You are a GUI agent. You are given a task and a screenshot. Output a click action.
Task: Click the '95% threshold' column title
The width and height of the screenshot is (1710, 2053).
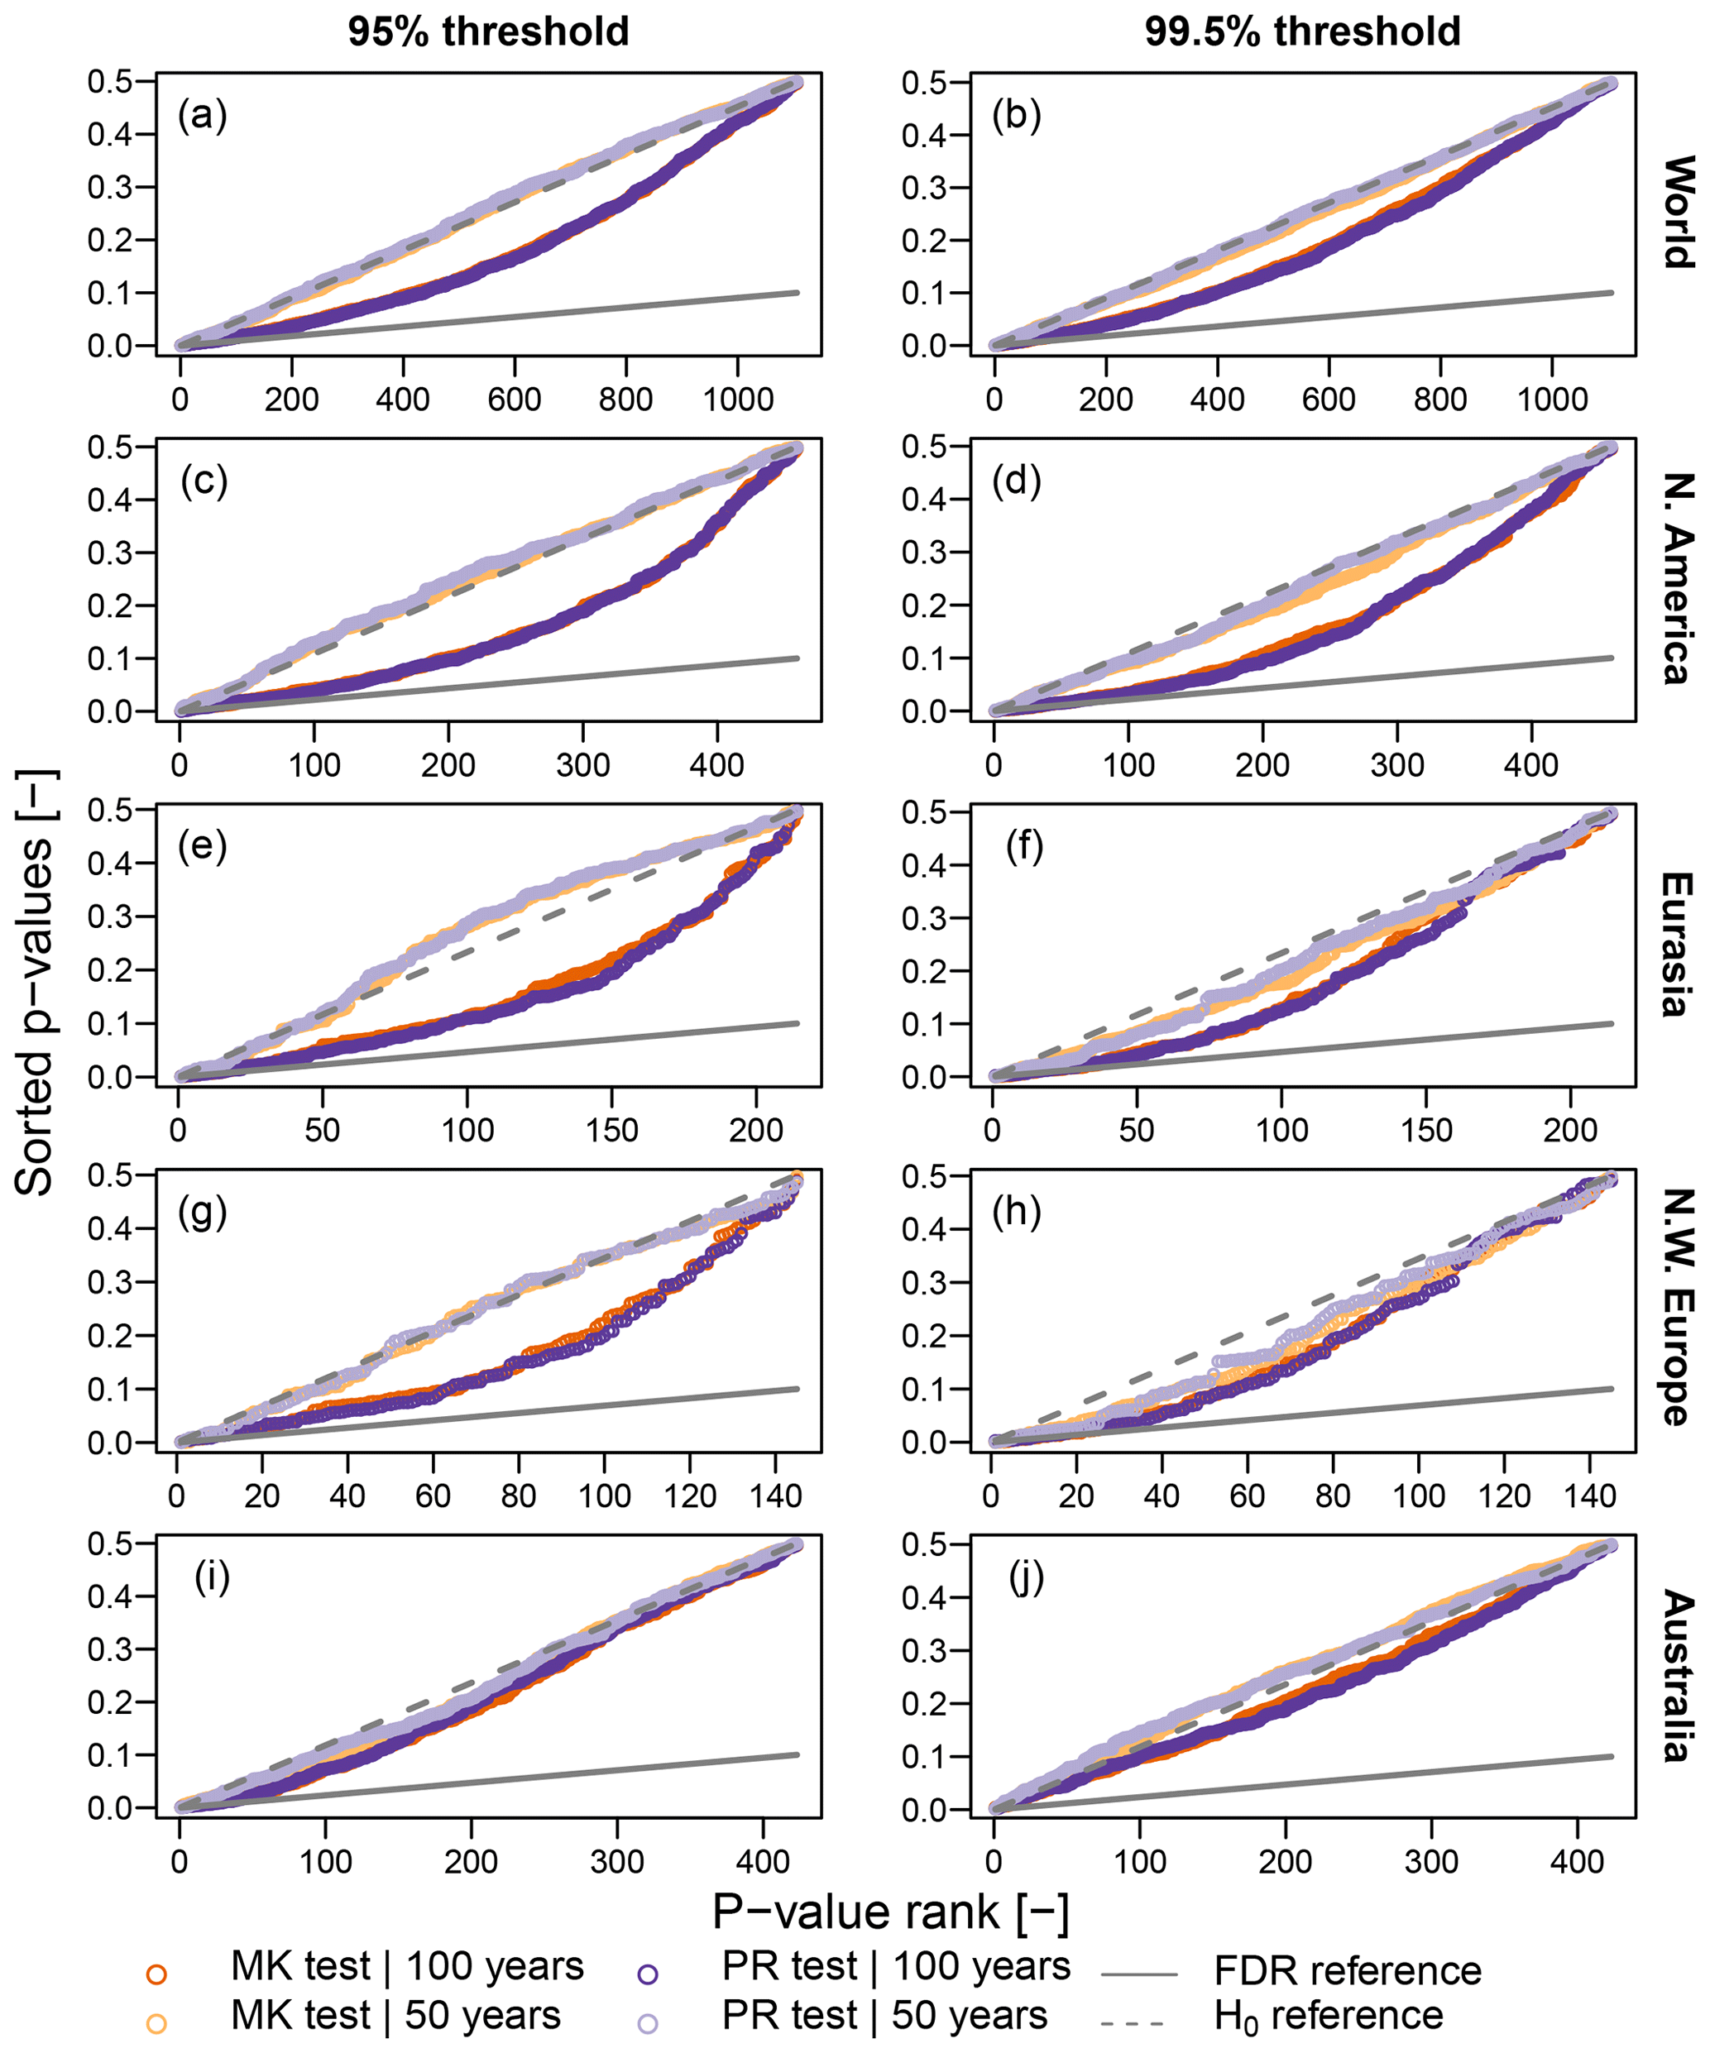[488, 31]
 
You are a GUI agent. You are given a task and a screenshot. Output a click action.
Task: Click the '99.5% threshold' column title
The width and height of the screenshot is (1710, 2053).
[1302, 31]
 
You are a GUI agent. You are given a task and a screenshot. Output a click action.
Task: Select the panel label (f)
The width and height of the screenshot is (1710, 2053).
[1025, 847]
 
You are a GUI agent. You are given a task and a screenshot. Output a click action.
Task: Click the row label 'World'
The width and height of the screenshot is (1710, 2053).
[1678, 211]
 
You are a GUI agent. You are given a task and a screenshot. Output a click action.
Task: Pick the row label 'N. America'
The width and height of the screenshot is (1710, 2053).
[1678, 579]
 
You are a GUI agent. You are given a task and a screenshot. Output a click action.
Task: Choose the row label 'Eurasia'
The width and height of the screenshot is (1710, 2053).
[1678, 945]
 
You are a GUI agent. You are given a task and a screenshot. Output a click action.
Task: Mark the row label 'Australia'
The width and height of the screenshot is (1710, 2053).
[1678, 1676]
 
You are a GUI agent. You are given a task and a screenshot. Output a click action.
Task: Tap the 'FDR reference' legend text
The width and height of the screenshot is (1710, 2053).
[1348, 1971]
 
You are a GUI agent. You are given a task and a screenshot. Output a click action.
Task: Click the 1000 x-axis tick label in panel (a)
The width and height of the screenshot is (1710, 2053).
[739, 399]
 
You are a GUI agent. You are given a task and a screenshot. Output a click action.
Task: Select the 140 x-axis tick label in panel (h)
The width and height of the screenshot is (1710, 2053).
[1588, 1496]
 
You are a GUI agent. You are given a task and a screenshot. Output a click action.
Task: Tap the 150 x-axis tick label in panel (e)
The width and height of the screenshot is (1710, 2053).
[612, 1131]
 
